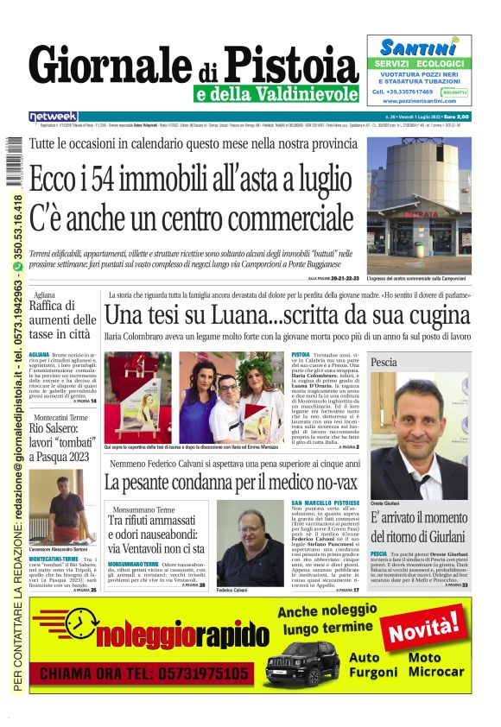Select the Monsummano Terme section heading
[x=143, y=509]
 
